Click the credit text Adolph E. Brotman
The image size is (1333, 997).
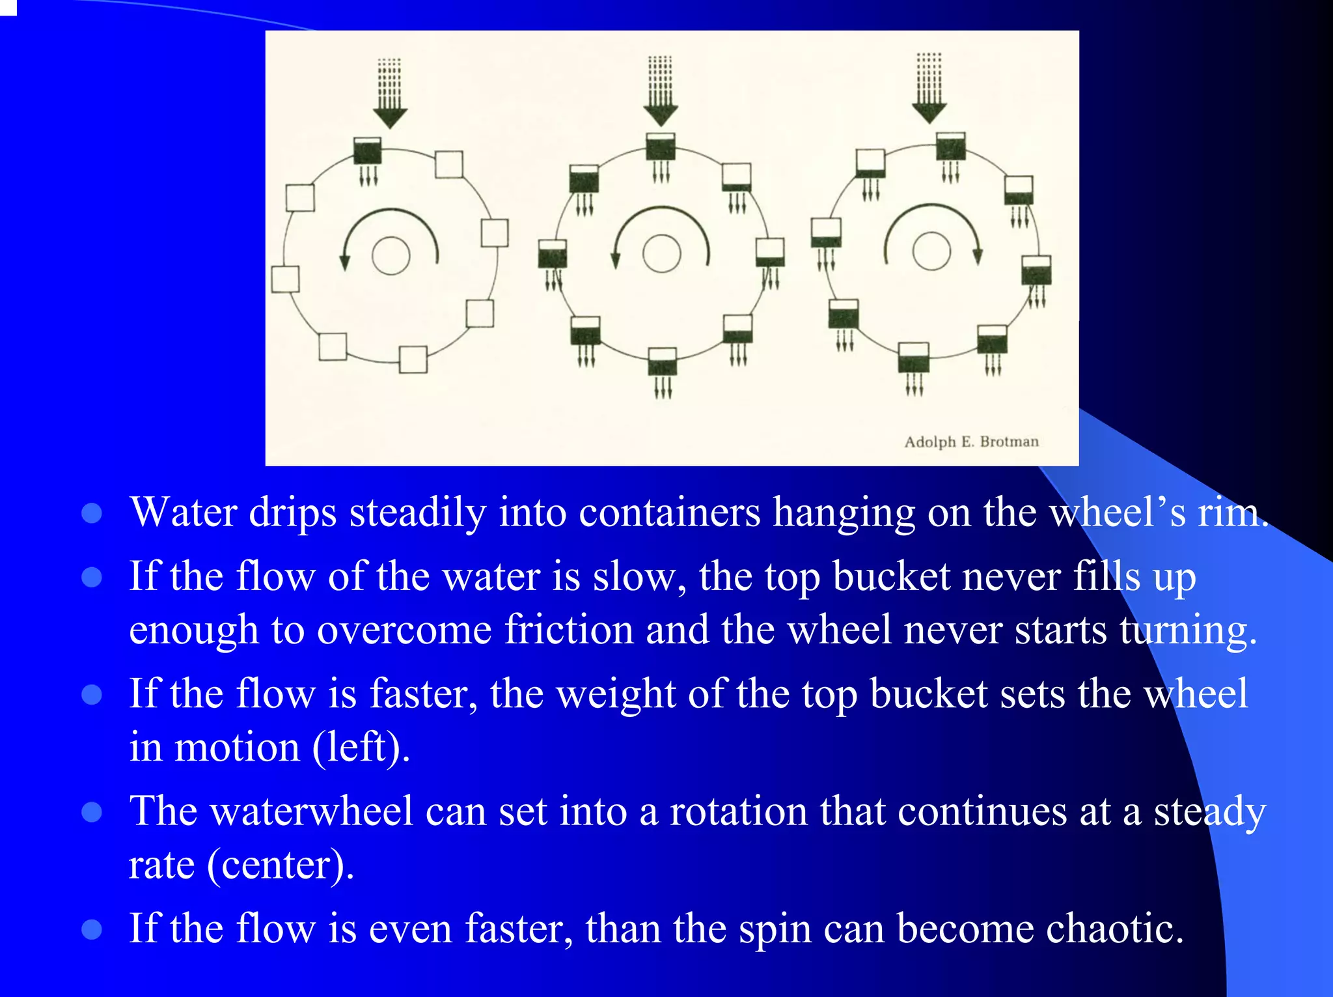point(971,442)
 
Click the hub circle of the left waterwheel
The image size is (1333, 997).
point(391,255)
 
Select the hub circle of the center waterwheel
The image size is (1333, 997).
point(661,253)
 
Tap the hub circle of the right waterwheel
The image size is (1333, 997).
point(931,251)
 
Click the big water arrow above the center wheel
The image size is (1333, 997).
point(661,92)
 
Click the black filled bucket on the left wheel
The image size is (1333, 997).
point(367,151)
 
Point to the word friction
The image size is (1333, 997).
point(569,630)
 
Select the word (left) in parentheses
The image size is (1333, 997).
point(361,747)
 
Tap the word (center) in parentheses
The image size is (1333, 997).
point(281,865)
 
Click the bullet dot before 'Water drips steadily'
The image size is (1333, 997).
point(92,513)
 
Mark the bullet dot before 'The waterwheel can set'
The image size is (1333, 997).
point(92,812)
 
